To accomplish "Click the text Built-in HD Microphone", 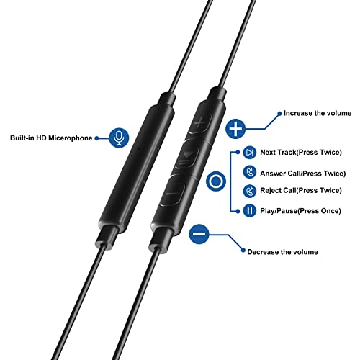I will (51, 138).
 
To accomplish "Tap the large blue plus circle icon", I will (235, 129).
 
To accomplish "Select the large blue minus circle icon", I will (200, 234).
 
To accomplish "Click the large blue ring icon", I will (213, 181).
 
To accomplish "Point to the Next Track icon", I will (249, 153).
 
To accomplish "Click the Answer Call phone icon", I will (249, 173).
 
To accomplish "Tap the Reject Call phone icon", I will (249, 192).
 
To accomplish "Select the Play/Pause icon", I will (249, 211).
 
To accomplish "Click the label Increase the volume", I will (317, 114).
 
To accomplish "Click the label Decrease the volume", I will (282, 252).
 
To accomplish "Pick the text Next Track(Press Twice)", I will (302, 153).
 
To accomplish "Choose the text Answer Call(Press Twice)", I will (303, 173).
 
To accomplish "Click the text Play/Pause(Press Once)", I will (302, 211).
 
